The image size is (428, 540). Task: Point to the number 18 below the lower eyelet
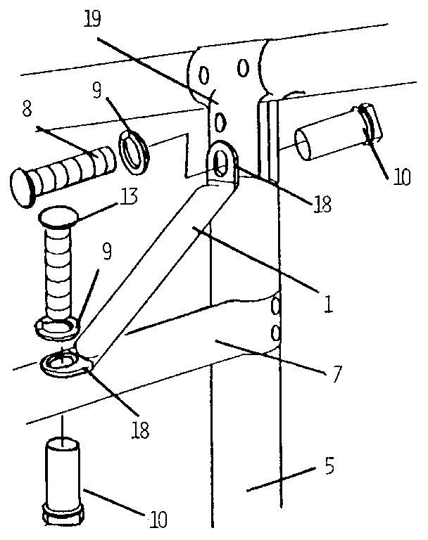point(141,430)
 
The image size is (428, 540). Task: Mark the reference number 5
point(329,465)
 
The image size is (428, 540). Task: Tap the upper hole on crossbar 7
point(275,307)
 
